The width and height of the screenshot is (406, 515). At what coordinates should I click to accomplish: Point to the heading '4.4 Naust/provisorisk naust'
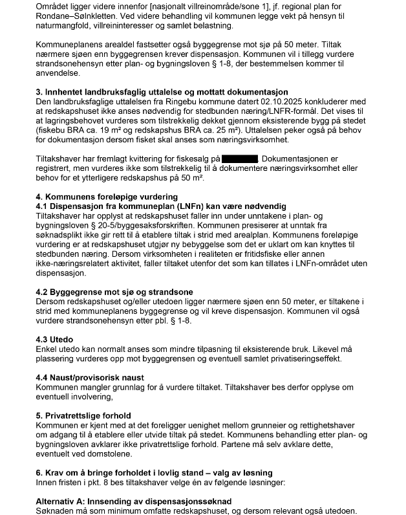click(89, 377)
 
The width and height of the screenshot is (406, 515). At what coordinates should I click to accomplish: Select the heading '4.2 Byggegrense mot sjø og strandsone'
click(114, 292)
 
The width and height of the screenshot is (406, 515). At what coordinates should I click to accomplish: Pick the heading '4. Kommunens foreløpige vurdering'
click(105, 197)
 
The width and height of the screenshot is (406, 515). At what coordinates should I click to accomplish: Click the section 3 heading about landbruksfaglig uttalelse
click(162, 92)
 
